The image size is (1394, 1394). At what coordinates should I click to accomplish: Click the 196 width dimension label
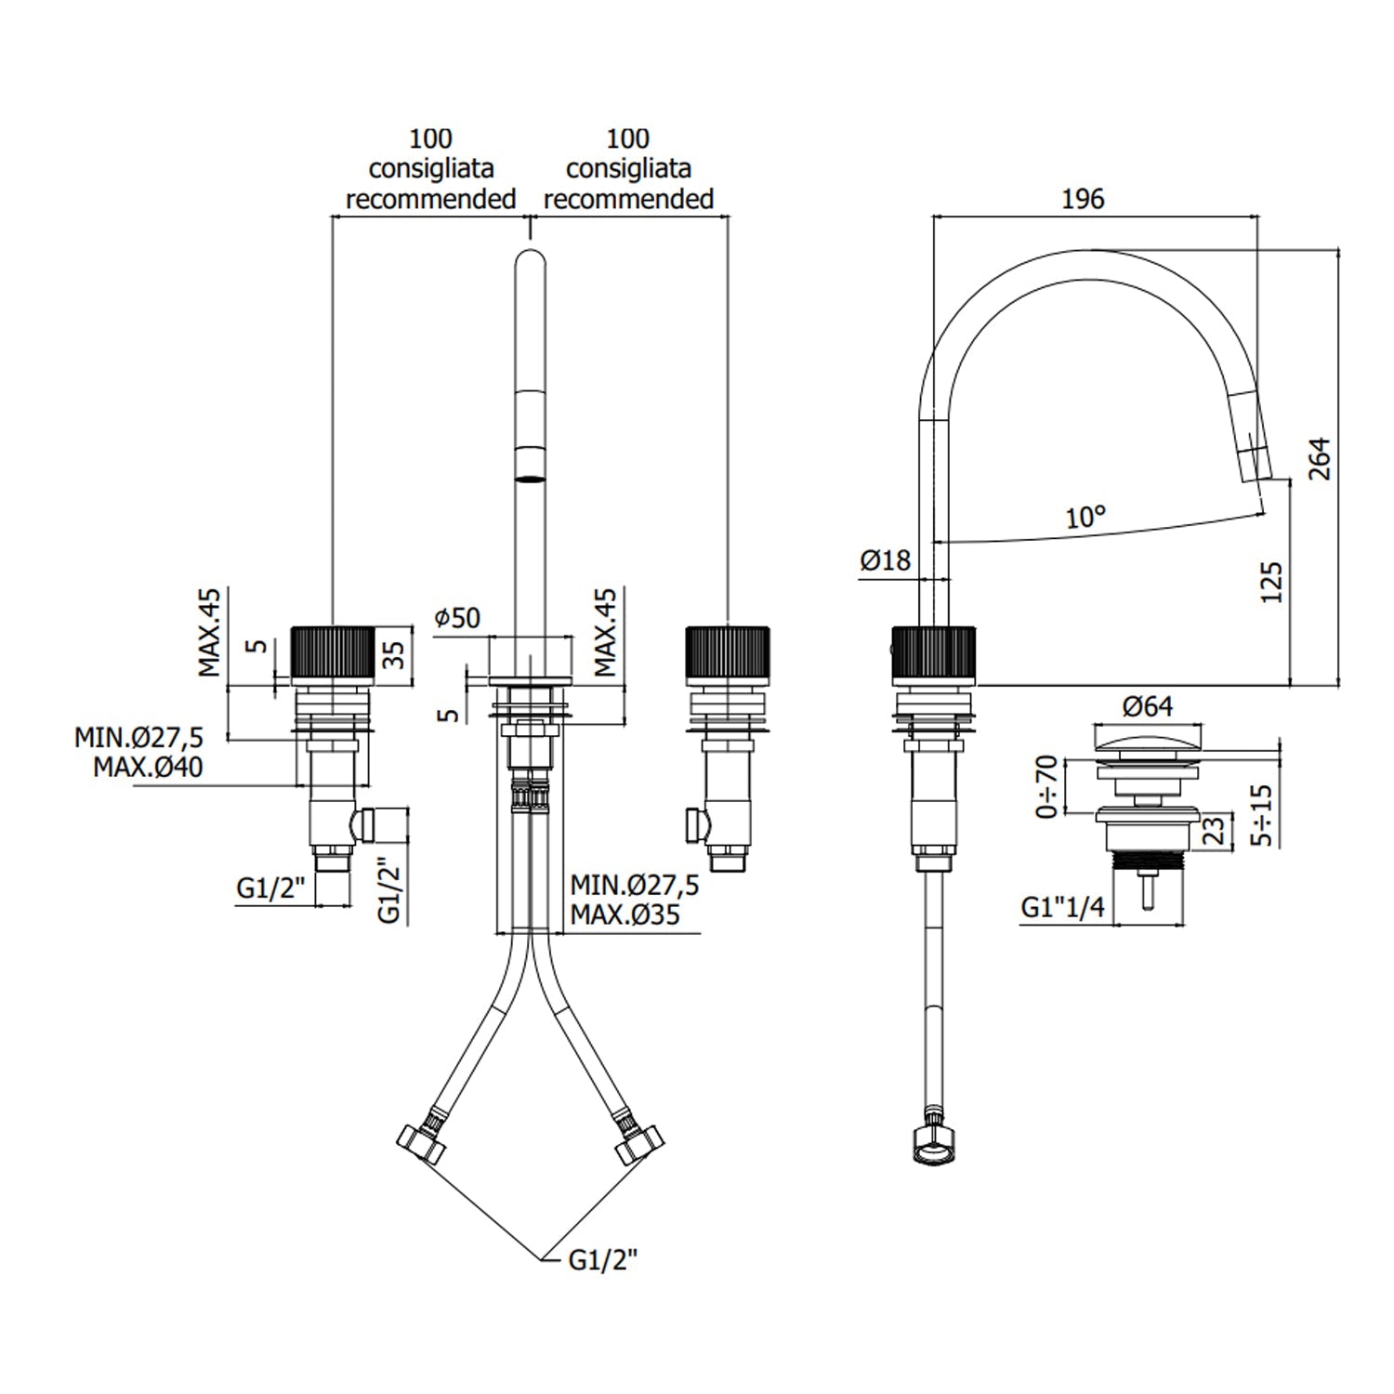(1083, 199)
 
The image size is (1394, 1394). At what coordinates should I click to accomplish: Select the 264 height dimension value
(1320, 459)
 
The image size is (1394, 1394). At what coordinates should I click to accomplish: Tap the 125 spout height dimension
(1272, 582)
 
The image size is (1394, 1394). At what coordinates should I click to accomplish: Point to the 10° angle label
(1085, 517)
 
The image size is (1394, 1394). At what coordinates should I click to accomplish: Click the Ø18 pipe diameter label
(885, 560)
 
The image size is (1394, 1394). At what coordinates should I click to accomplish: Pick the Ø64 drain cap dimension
(1148, 707)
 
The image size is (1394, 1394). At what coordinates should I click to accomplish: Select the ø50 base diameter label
(457, 617)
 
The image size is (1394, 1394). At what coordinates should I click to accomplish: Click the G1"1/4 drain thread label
(1063, 907)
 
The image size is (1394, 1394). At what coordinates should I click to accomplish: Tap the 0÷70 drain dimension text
(1046, 786)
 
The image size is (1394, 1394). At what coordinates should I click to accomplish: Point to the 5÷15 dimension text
(1261, 815)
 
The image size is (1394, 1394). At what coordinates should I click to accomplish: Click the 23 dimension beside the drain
(1214, 829)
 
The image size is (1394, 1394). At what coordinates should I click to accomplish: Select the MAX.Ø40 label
(148, 768)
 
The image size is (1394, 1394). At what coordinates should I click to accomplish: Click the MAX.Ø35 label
(625, 914)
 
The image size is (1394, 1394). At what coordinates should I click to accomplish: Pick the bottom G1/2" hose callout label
(603, 1260)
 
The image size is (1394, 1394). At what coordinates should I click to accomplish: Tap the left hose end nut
(421, 1143)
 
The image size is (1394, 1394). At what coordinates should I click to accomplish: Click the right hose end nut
(640, 1143)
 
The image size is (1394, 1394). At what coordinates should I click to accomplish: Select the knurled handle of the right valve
(727, 656)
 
